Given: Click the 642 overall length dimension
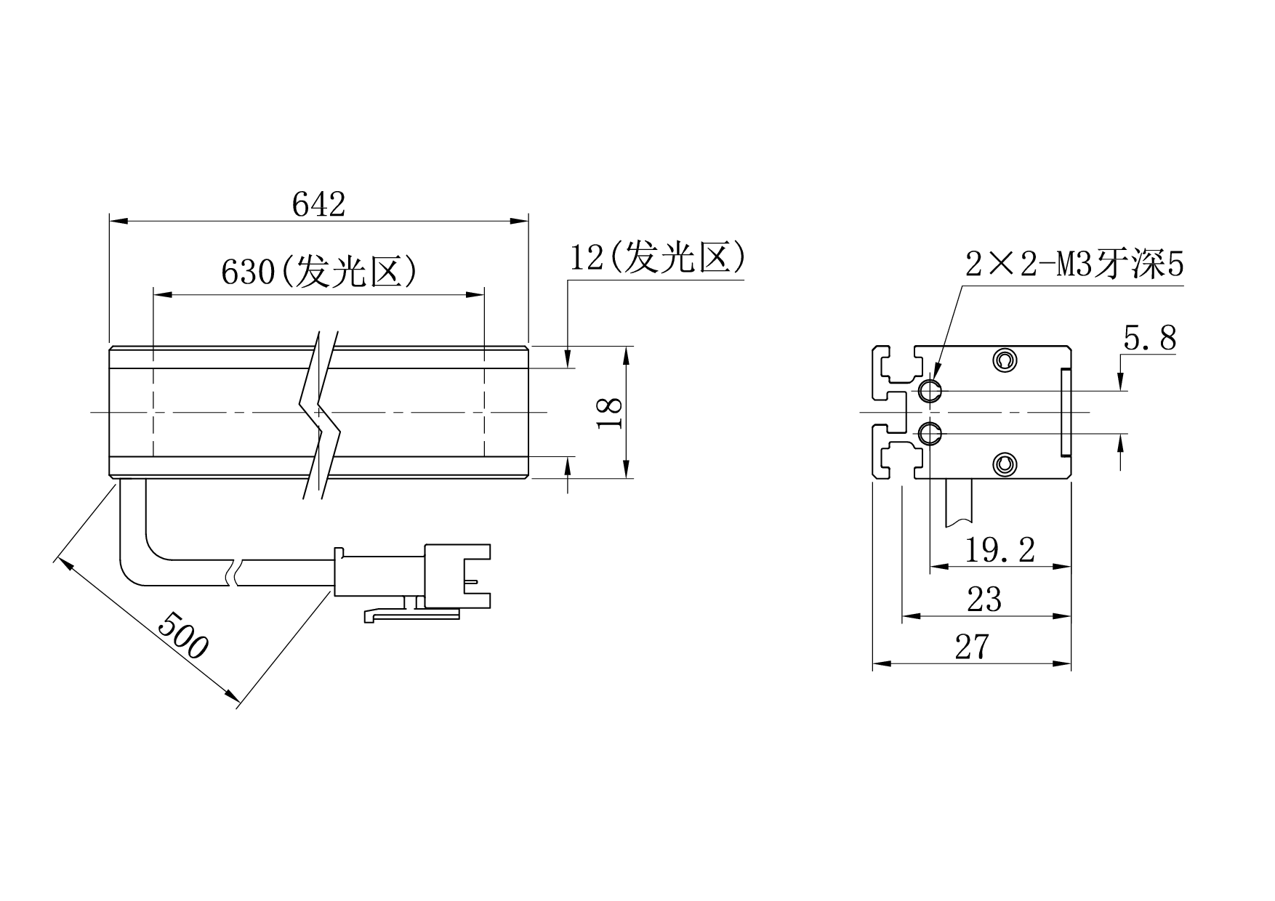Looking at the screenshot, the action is pos(318,204).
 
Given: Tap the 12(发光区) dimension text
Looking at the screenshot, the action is pos(657,257).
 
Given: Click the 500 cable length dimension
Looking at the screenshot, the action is pos(183,635).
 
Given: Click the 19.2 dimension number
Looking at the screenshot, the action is pos(1000,550).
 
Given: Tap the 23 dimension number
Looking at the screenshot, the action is pos(984,599).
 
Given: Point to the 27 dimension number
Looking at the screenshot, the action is pos(973,647).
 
